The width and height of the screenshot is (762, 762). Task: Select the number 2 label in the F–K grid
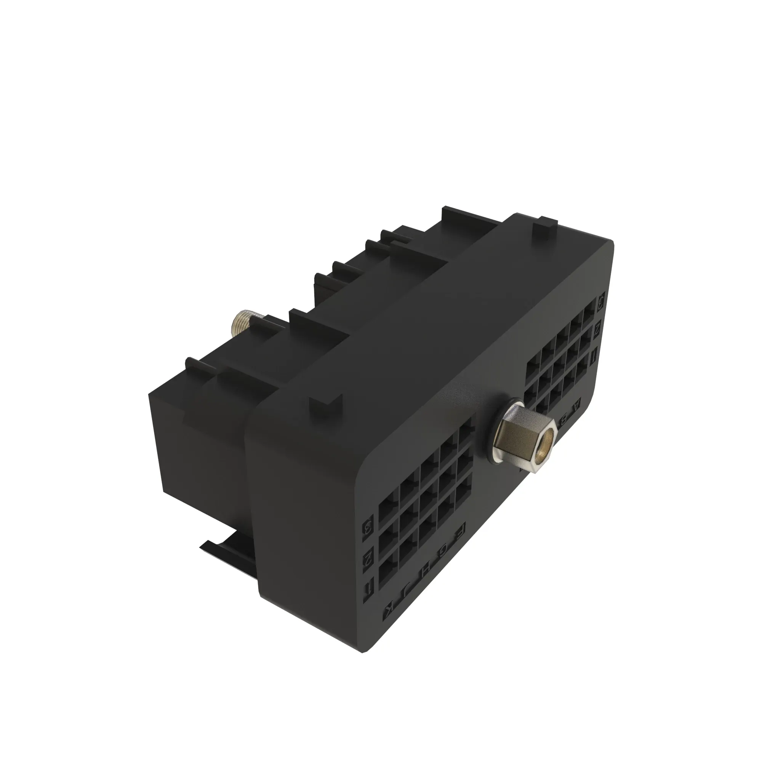(368, 557)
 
